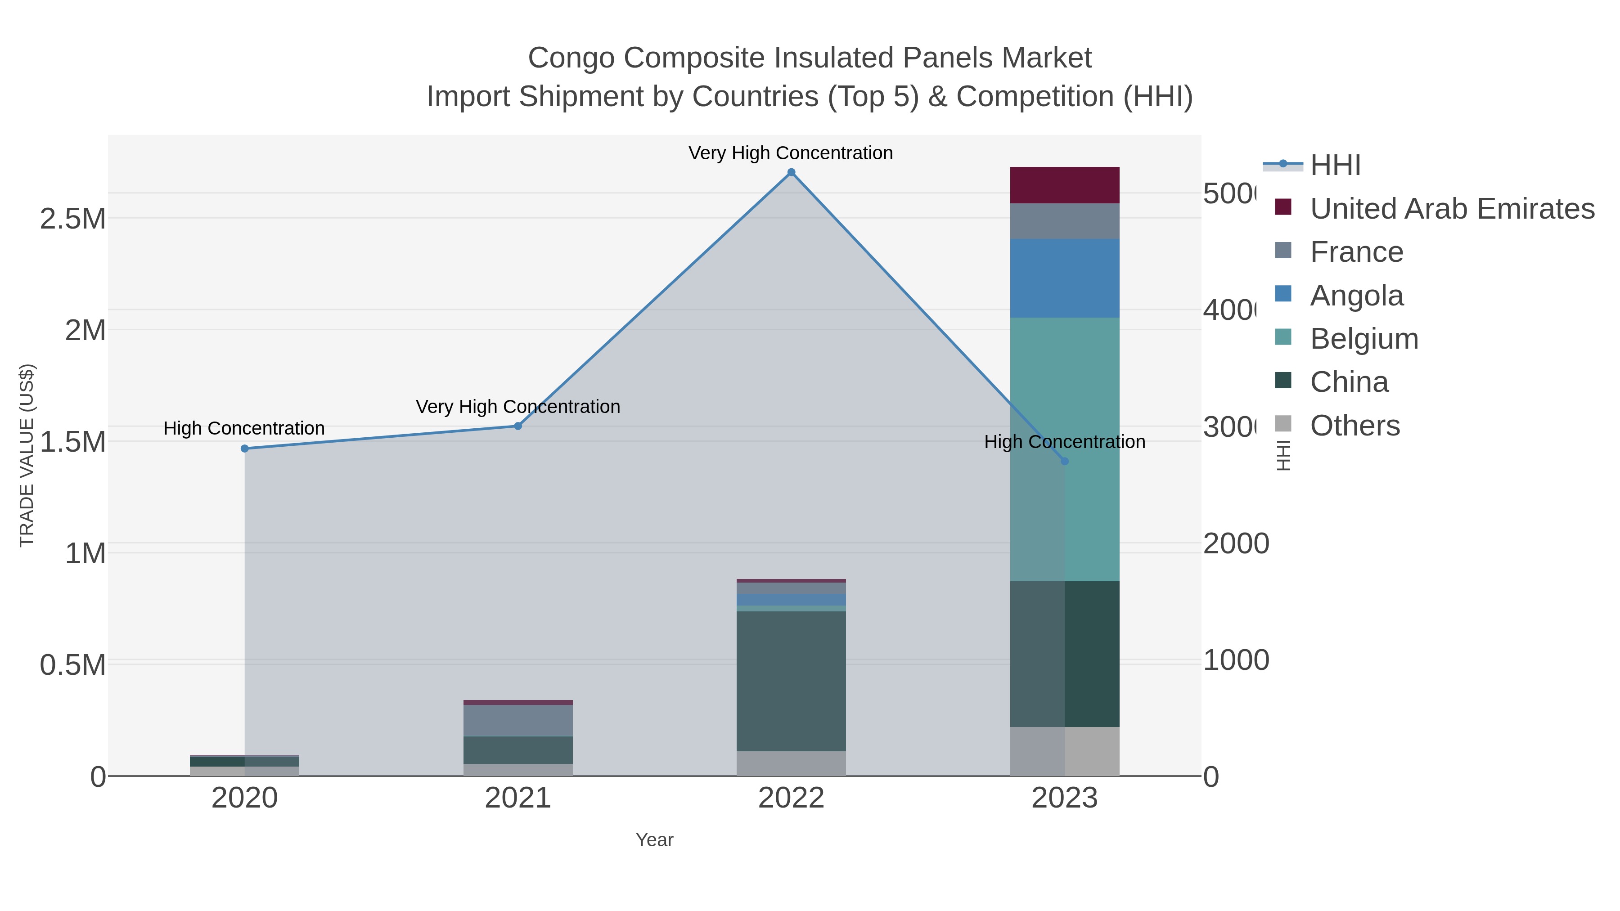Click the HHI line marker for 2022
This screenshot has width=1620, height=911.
(791, 172)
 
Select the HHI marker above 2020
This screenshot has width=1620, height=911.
(245, 448)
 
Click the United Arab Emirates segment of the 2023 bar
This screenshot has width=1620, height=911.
(1065, 185)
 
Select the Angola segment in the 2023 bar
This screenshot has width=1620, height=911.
(1065, 278)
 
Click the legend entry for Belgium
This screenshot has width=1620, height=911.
(1364, 339)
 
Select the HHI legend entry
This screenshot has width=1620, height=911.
(1335, 166)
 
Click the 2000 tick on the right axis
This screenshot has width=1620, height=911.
(1236, 544)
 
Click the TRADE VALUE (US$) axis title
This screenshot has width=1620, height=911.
(27, 455)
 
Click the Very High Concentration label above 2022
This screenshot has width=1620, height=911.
(791, 153)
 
